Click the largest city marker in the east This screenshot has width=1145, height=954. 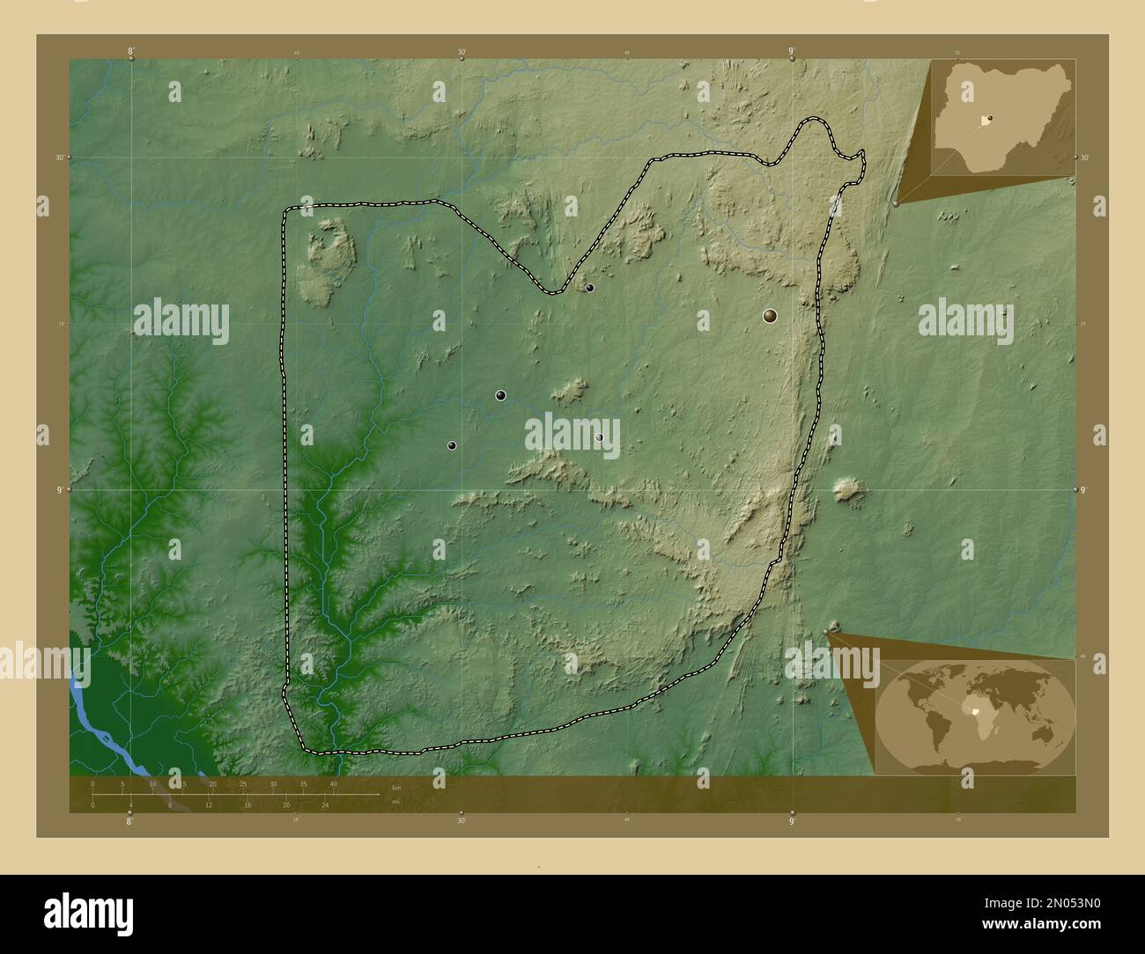(771, 315)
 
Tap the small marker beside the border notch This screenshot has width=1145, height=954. (589, 288)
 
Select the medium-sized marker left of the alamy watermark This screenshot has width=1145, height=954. (500, 395)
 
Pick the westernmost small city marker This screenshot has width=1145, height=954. (452, 445)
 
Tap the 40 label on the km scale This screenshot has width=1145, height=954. (333, 783)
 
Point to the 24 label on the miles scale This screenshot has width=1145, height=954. (324, 805)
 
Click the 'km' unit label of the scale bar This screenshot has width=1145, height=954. (396, 788)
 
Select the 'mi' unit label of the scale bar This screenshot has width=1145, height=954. (396, 801)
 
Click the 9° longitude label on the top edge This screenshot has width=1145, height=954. (792, 52)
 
